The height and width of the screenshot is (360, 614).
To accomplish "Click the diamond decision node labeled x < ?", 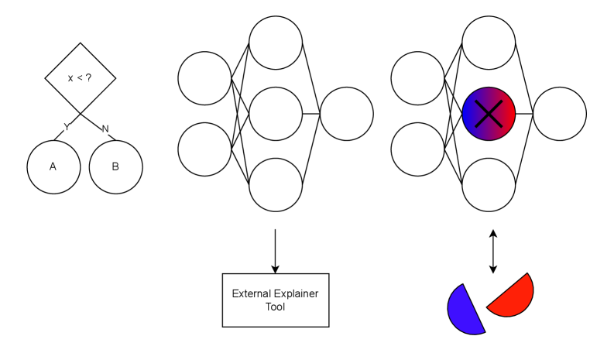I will click(x=81, y=78).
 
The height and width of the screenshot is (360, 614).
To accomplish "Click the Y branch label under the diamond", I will click(x=66, y=128).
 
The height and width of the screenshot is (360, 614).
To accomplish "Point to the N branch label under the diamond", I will click(x=105, y=129).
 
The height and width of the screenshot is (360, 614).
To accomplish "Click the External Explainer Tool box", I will click(x=276, y=300).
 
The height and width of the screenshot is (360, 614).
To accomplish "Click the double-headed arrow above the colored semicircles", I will click(x=493, y=251).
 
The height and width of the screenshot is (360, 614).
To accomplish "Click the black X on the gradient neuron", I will click(x=489, y=114).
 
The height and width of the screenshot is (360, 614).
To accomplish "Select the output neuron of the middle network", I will click(x=346, y=114).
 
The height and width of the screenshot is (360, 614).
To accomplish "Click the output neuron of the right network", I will click(x=559, y=114).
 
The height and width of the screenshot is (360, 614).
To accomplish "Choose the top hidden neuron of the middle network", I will click(x=276, y=42).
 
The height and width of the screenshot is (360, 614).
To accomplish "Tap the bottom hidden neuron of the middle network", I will click(x=276, y=184).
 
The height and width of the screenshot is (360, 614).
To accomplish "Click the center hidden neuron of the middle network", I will click(x=276, y=114).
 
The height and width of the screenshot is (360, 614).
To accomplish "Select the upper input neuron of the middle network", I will click(x=204, y=78).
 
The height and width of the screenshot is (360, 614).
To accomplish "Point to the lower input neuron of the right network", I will click(x=418, y=149).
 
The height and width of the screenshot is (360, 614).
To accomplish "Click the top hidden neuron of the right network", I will click(x=489, y=42).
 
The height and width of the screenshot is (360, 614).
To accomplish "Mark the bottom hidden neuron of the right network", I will click(x=489, y=184).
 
